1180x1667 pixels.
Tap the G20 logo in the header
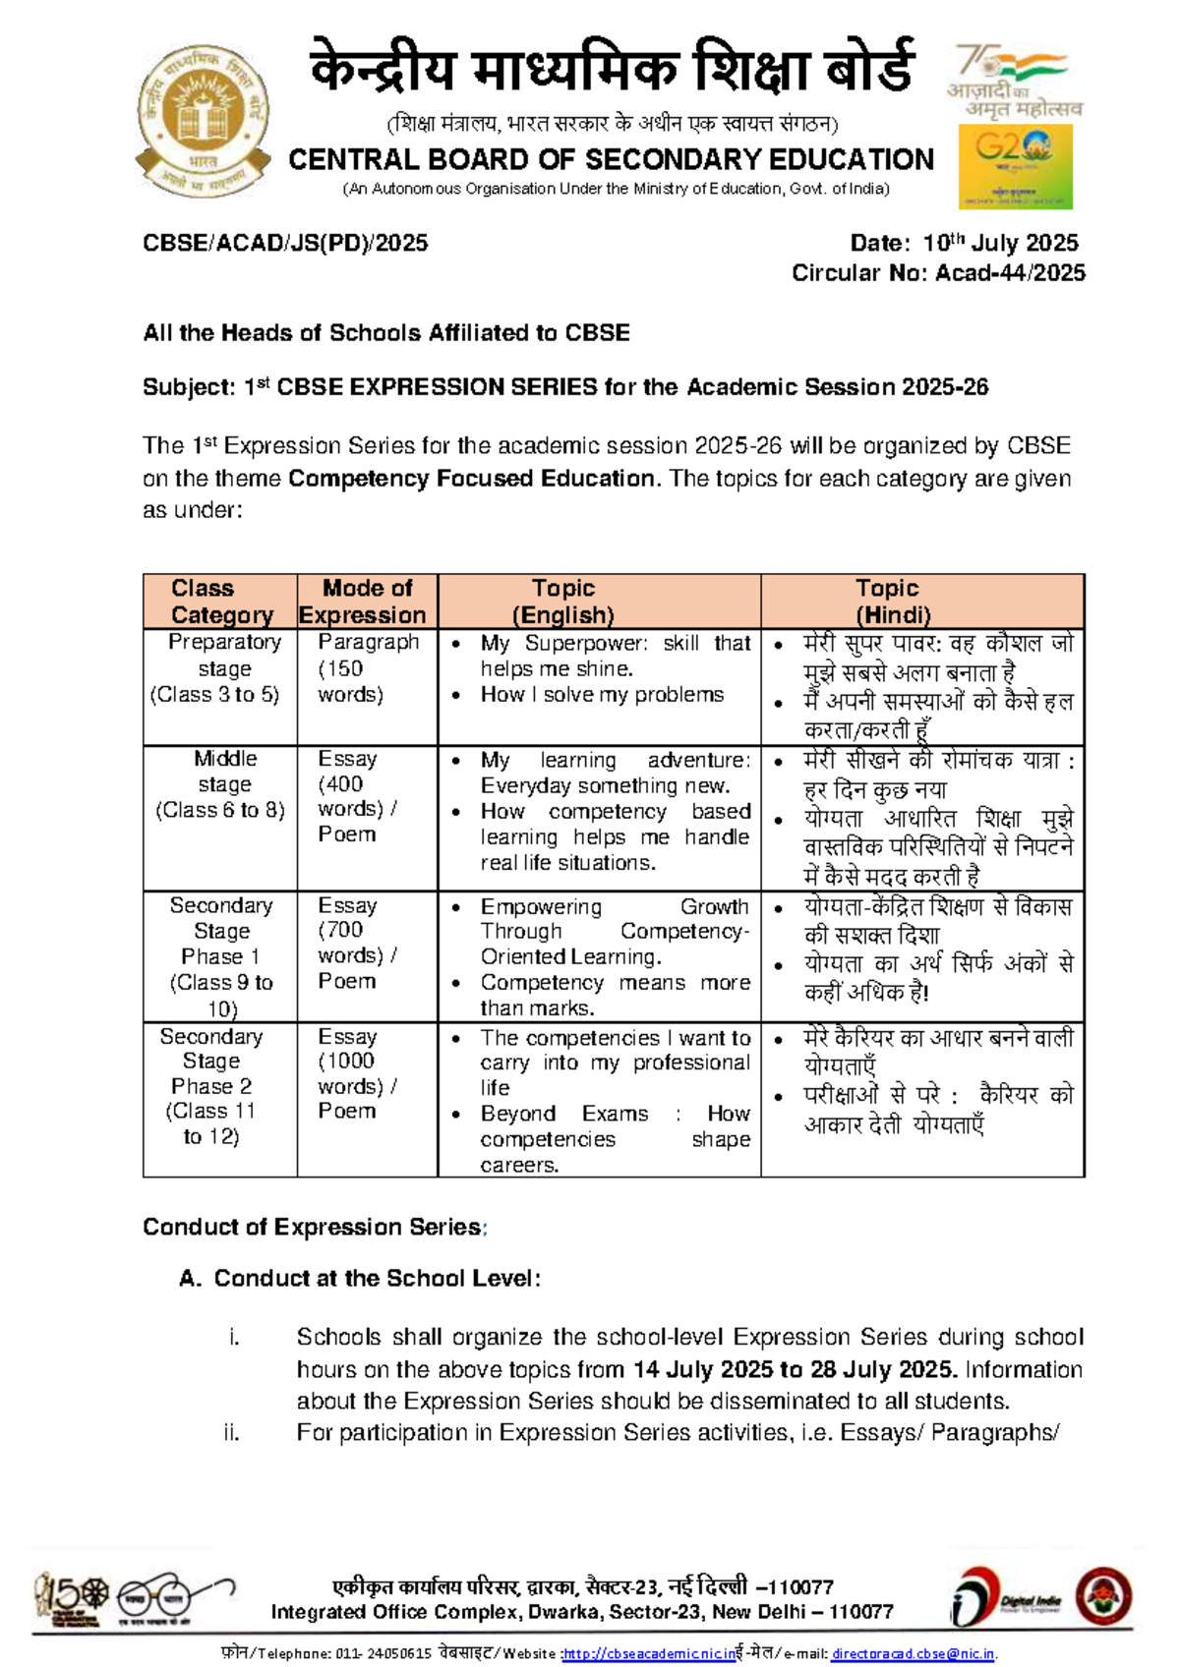[x=1015, y=166]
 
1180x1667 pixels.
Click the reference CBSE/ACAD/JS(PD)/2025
[x=285, y=243]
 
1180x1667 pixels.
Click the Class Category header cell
[x=220, y=602]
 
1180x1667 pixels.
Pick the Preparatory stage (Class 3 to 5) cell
[x=220, y=668]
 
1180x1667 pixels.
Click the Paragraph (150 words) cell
[x=366, y=668]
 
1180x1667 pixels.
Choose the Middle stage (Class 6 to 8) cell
[x=220, y=784]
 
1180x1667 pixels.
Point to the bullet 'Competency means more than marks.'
[x=614, y=995]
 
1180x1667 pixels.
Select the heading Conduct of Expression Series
[x=312, y=1227]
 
